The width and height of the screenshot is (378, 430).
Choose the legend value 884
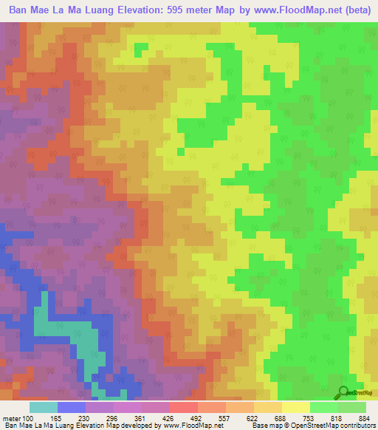pyautogui.click(x=365, y=417)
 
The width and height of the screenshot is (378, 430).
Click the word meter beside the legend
pyautogui.click(x=11, y=417)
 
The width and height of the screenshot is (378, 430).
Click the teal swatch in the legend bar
pyautogui.click(x=44, y=407)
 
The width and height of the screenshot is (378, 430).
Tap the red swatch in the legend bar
pyautogui.click(x=184, y=407)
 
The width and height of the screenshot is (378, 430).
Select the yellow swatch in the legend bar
pyautogui.click(x=295, y=407)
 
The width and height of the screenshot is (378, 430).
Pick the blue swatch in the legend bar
pyautogui.click(x=72, y=407)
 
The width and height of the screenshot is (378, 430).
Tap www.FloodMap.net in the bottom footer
pyautogui.click(x=194, y=426)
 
